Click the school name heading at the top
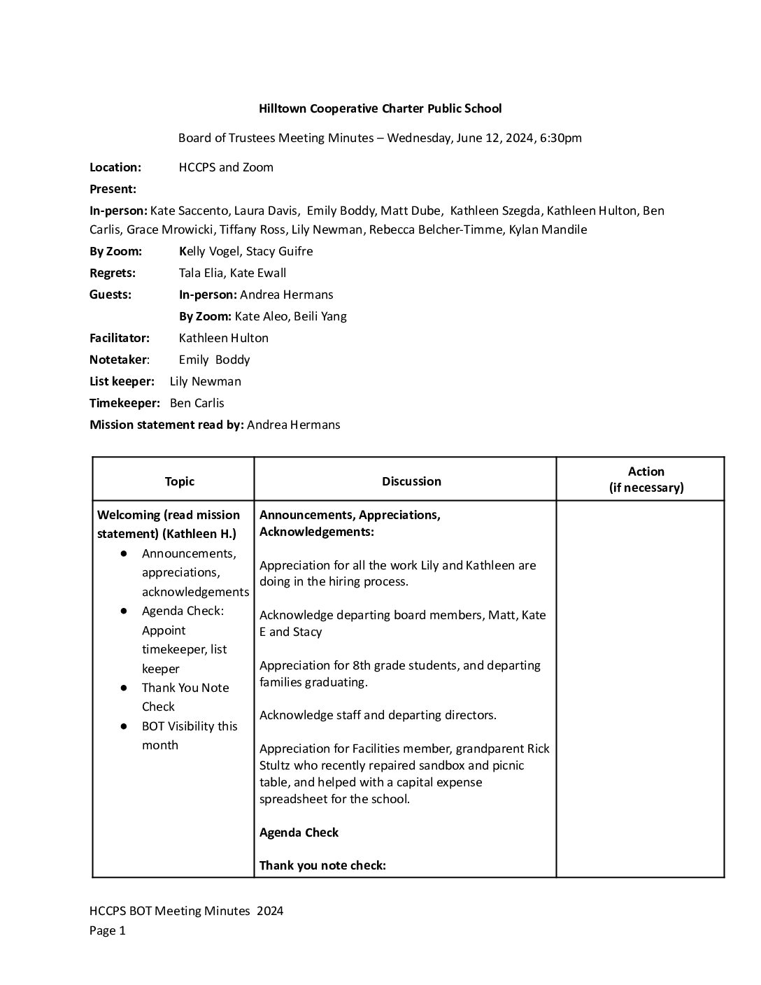(x=380, y=108)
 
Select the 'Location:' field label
(x=115, y=167)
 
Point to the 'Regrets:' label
(x=113, y=273)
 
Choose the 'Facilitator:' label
(x=120, y=338)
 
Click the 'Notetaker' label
(x=118, y=360)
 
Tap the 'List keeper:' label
(x=122, y=381)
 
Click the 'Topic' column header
(x=180, y=481)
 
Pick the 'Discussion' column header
(x=411, y=481)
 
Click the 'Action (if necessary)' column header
(x=646, y=480)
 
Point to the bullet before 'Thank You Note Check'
(x=124, y=688)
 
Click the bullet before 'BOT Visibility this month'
(x=124, y=726)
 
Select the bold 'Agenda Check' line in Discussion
(x=299, y=832)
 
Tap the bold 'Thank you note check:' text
(x=322, y=865)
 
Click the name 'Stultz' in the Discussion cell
(x=278, y=765)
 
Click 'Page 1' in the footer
(x=107, y=930)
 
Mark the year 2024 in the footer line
(x=269, y=911)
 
